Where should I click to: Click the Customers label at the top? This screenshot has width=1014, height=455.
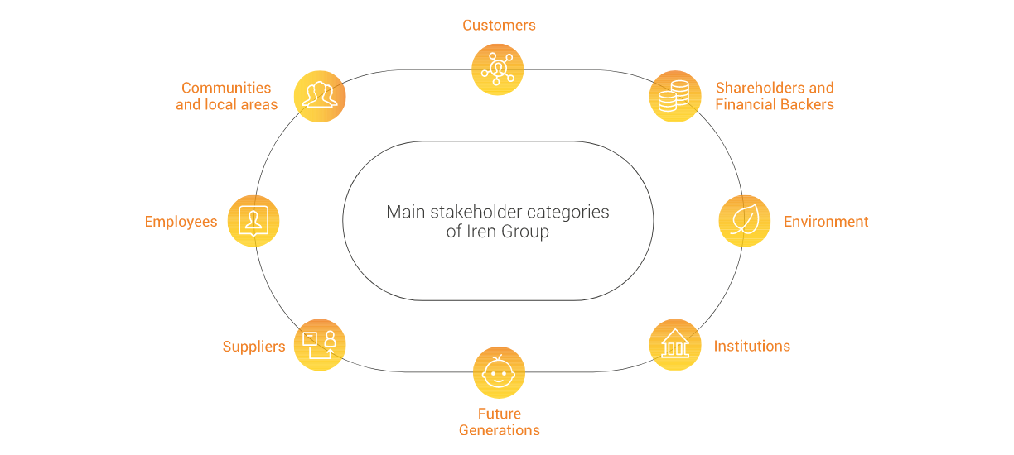(499, 25)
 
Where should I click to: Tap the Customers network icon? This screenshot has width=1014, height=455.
(498, 69)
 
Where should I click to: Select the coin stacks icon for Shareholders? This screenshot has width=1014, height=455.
(675, 96)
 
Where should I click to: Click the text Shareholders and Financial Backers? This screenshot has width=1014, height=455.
(774, 96)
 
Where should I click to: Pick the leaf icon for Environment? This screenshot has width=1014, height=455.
(744, 221)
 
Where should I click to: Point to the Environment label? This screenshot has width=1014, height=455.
(825, 222)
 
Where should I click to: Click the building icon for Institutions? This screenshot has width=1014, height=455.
(675, 345)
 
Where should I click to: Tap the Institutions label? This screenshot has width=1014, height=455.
(751, 346)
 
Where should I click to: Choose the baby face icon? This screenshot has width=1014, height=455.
(499, 372)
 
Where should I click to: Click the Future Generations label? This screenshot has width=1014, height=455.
(499, 422)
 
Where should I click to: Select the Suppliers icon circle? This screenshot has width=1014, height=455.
(320, 345)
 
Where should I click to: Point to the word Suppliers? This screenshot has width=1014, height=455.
(254, 347)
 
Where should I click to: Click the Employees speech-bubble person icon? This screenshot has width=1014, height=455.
(254, 221)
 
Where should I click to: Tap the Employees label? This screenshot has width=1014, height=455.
(181, 222)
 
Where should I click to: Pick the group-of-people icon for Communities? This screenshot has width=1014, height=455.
(320, 96)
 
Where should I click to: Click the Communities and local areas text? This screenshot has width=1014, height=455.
(226, 96)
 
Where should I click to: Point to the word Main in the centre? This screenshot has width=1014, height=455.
(405, 212)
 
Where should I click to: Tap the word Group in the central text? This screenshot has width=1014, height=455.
(524, 232)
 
